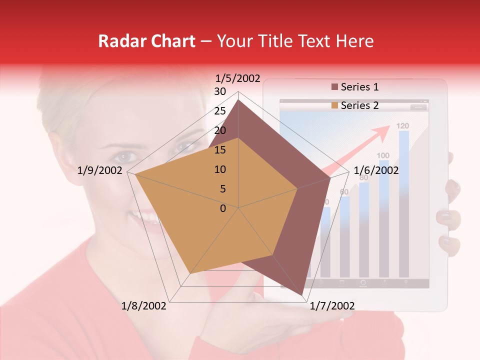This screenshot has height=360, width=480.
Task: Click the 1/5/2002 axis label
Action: click(238, 78)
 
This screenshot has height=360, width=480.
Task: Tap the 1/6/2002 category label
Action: click(376, 170)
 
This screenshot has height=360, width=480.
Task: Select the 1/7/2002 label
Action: click(332, 306)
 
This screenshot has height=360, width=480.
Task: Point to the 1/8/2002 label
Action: click(144, 306)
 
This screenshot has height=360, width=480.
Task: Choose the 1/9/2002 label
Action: click(100, 170)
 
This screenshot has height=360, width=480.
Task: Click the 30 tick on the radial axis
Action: click(219, 91)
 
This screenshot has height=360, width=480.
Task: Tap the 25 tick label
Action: click(219, 111)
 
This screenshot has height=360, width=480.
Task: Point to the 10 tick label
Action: click(219, 169)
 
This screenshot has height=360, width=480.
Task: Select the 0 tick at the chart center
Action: click(223, 208)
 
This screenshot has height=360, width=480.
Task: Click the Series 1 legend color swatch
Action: click(334, 87)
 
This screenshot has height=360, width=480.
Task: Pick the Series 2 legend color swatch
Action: click(334, 105)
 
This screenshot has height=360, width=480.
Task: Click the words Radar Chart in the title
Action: click(147, 41)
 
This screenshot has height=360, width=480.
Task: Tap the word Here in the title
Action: click(354, 41)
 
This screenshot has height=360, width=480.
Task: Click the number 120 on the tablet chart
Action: click(403, 126)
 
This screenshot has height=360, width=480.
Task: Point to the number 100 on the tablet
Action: click(383, 155)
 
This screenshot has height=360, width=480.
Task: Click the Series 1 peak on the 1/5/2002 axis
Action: click(238, 100)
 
